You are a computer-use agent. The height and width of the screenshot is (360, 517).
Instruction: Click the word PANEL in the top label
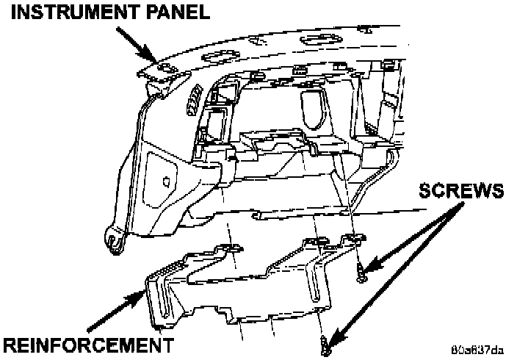(x=176, y=12)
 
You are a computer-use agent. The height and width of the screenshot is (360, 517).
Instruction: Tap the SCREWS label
(x=460, y=192)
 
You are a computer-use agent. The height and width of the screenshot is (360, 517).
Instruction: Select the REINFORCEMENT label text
(x=88, y=344)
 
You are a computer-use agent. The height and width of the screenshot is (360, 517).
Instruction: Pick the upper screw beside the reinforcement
(x=360, y=276)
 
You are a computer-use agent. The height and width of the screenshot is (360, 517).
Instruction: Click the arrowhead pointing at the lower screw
(x=333, y=336)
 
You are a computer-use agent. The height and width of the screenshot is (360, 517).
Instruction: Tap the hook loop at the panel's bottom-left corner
(x=112, y=240)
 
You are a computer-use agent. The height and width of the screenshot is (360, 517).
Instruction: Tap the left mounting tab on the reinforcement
(x=228, y=251)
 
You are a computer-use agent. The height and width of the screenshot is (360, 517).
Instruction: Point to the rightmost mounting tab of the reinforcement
(x=355, y=238)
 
